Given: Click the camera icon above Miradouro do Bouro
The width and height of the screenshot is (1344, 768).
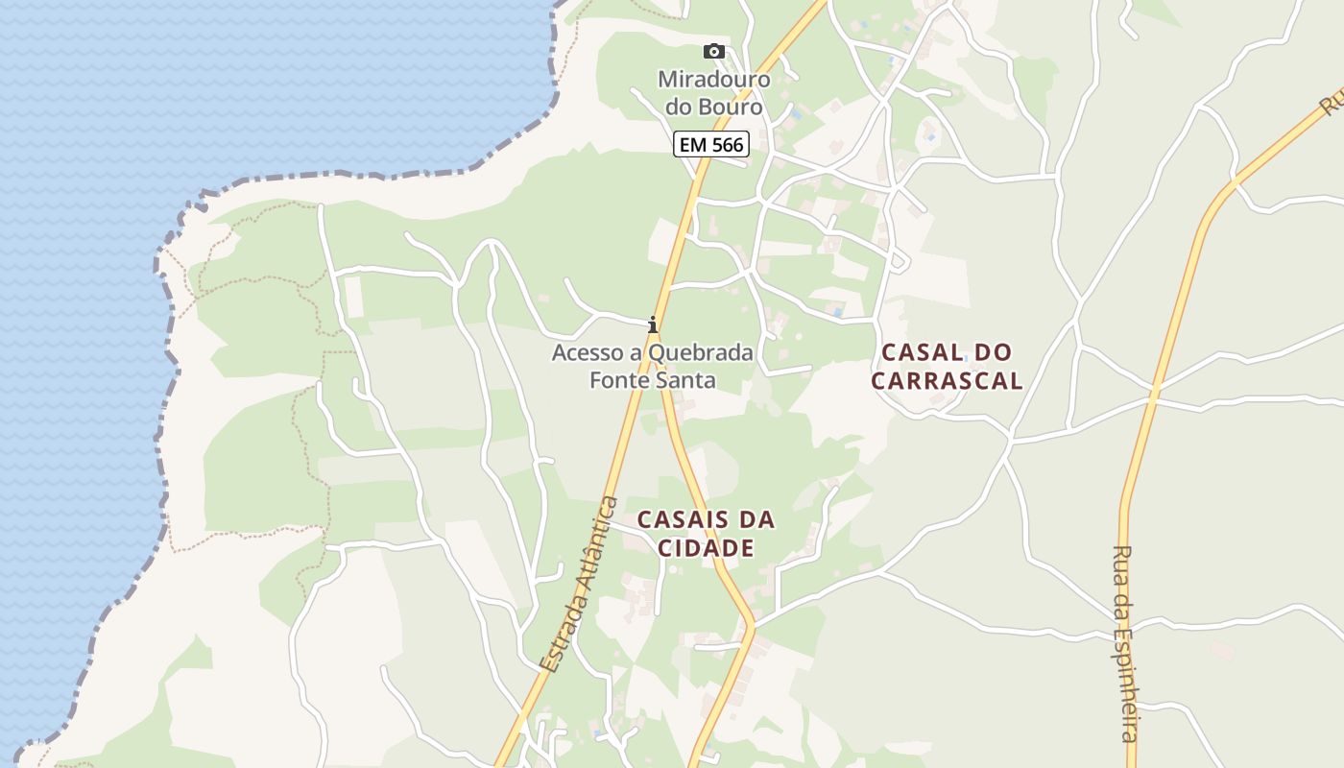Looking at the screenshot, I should click(x=713, y=52).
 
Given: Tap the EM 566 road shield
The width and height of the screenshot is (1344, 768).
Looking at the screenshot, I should click(x=710, y=145).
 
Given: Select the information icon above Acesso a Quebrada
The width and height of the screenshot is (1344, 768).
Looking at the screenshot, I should click(x=653, y=324).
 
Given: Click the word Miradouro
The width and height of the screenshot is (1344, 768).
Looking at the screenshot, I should click(x=713, y=79).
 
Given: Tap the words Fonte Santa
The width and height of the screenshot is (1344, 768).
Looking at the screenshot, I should click(x=653, y=380).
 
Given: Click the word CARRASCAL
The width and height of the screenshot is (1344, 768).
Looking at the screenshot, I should click(x=947, y=381).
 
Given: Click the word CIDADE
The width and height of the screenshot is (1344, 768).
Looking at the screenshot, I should click(x=706, y=549).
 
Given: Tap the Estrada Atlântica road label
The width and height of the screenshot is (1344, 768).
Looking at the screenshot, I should click(x=578, y=584).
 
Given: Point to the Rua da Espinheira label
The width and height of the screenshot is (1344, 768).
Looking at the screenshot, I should click(x=1124, y=643).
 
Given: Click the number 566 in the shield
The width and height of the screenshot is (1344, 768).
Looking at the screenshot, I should click(x=725, y=145).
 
